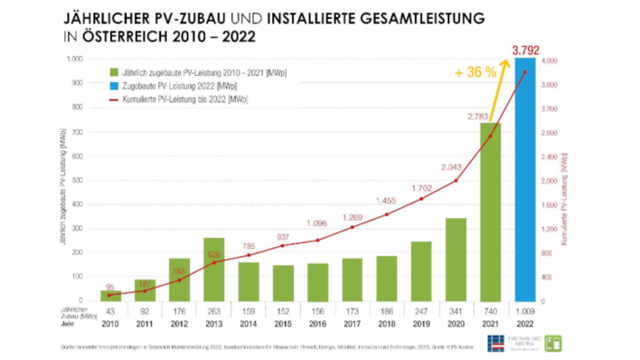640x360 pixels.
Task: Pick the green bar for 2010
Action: tap(111, 296)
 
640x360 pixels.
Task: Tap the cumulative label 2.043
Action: tap(451, 167)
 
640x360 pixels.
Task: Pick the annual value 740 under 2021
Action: tap(490, 309)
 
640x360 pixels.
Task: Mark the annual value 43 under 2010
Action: tap(111, 309)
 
